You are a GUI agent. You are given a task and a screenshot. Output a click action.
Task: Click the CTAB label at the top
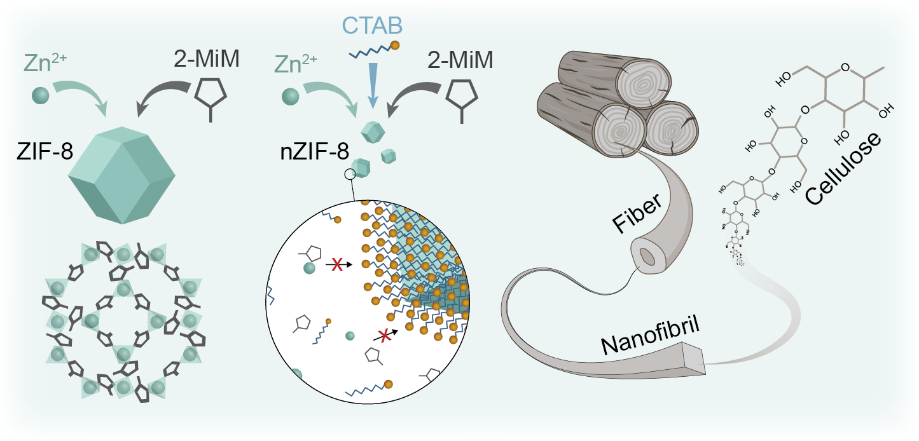373,27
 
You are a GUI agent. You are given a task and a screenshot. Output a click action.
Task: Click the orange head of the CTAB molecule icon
395,45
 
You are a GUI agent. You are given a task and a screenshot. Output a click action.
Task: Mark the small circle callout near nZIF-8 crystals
349,174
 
